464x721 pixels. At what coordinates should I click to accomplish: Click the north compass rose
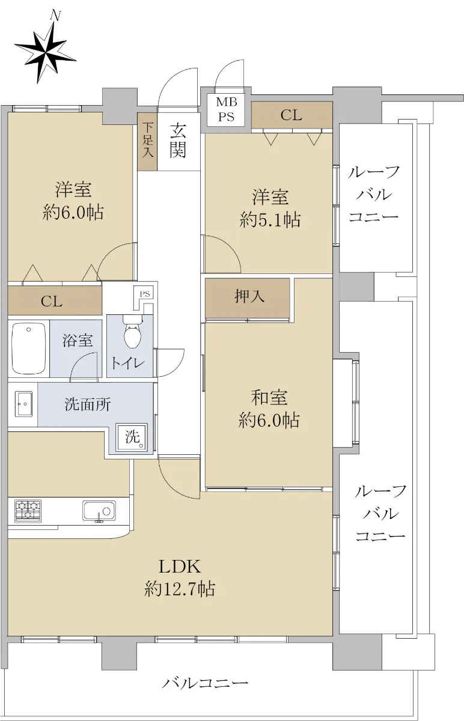pos(46,52)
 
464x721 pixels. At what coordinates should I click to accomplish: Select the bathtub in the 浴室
pos(28,348)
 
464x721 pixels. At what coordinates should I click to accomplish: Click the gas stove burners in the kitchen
pos(28,511)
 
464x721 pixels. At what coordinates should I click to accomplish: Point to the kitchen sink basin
pos(99,511)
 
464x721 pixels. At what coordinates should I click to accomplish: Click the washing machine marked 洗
pos(132,437)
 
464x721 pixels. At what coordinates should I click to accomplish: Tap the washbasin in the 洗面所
pos(23,404)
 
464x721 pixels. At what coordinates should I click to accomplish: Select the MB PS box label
pos(227,109)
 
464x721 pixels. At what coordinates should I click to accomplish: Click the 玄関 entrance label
pos(178,141)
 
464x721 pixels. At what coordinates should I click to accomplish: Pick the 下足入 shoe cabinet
pos(147,142)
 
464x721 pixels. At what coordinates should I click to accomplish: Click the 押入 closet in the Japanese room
pos(247,298)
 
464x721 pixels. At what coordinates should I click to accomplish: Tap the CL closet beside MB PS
pos(292,115)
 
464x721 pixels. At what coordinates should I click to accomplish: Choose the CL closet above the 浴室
pos(55,300)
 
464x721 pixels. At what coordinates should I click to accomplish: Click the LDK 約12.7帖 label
pos(180,577)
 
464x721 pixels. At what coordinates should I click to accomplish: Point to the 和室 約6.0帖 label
pos(269,409)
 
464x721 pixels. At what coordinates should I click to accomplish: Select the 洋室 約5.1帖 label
pos(270,208)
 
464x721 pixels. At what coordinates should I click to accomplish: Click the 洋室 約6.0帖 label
pos(73,201)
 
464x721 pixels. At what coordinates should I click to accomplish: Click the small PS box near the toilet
pos(145,294)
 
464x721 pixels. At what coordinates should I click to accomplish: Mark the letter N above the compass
pos(56,16)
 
